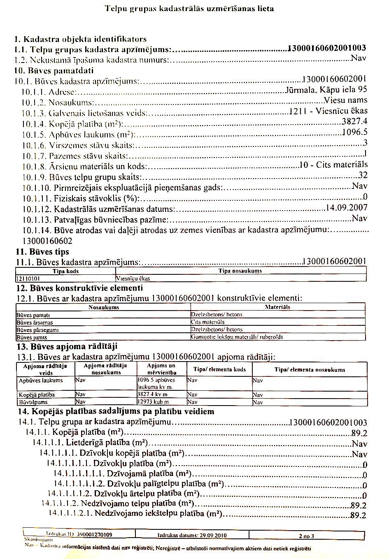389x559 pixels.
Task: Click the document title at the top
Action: click(189, 8)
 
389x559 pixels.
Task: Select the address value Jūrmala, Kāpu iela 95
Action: click(326, 90)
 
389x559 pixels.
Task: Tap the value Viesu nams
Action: click(345, 100)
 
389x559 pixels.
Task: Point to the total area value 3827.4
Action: click(354, 121)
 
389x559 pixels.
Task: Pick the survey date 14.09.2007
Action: click(346, 208)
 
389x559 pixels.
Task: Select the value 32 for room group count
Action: click(363, 175)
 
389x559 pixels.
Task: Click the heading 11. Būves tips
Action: click(42, 252)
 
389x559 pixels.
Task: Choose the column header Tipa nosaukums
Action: click(241, 271)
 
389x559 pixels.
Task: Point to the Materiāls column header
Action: click(277, 307)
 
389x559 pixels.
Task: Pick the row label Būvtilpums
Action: click(33, 402)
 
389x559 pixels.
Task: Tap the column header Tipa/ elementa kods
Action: click(219, 369)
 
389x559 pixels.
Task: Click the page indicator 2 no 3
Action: click(307, 536)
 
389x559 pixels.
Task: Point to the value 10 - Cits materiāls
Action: click(334, 165)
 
